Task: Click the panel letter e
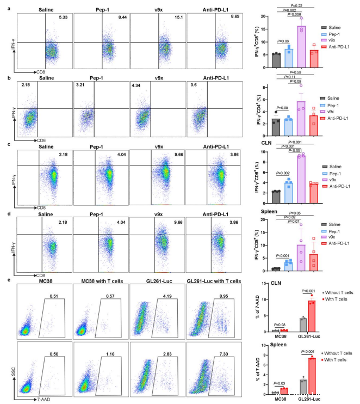[x=4, y=279]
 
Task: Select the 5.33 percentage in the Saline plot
[x=61, y=19]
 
